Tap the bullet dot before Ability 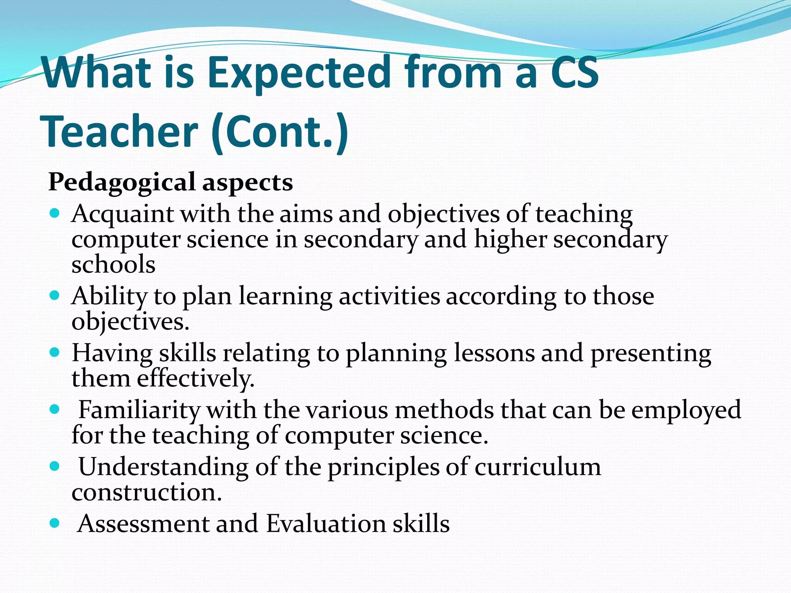coord(55,296)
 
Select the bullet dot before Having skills coord(55,352)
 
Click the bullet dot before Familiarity coord(55,409)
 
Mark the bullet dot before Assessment coord(55,523)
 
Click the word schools coord(114,265)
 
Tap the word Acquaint coord(122,213)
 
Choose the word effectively coord(196,378)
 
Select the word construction coord(147,493)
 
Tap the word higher coord(510,239)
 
